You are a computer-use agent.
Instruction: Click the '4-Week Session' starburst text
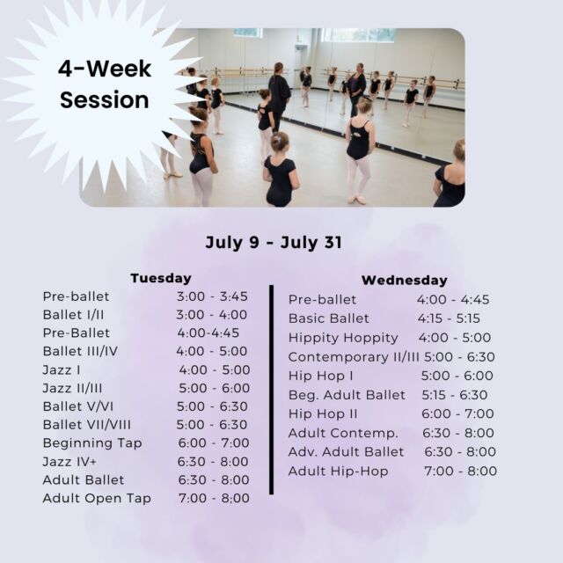(104, 84)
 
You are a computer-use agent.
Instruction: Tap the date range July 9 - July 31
(274, 243)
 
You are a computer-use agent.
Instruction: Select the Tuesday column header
(161, 278)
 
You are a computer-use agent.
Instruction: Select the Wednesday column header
(405, 280)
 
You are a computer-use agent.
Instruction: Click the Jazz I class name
(62, 369)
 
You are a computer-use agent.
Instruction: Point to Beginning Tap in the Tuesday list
(92, 443)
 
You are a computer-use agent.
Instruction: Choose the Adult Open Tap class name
(97, 499)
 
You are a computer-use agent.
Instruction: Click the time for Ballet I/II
(211, 315)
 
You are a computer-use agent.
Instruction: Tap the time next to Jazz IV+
(213, 461)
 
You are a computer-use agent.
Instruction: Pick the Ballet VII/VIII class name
(87, 425)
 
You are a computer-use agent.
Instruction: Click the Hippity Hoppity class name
(343, 338)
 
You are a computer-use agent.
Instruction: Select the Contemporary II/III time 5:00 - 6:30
(459, 357)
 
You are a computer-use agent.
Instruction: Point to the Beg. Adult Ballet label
(347, 395)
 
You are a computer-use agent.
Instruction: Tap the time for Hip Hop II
(457, 413)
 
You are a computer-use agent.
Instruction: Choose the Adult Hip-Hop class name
(338, 472)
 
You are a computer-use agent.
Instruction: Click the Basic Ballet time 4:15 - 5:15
(449, 318)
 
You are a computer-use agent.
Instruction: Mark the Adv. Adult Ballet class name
(346, 451)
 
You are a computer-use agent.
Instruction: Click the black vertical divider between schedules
(272, 390)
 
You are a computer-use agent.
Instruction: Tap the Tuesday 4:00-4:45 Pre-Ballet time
(208, 333)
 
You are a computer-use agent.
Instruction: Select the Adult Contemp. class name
(343, 433)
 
